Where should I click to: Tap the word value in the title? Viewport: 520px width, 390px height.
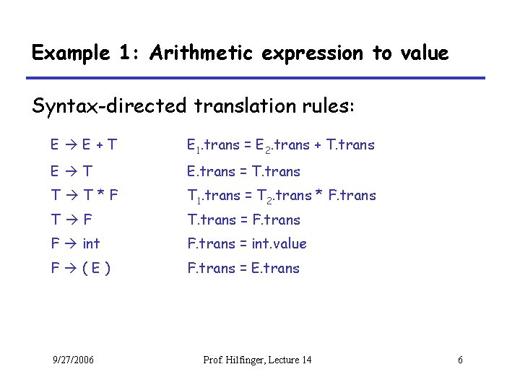pos(422,53)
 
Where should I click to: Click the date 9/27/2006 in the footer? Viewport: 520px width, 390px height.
pos(73,360)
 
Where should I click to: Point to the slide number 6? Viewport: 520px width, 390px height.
pos(460,360)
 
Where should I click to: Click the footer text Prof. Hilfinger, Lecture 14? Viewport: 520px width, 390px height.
pos(258,360)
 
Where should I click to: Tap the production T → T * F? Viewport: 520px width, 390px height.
pos(84,195)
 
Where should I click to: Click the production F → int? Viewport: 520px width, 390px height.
pos(75,243)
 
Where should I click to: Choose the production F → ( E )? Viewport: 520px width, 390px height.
pos(80,268)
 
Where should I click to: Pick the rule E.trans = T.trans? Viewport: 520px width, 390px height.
pos(243,171)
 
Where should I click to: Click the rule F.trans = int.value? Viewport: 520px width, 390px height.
pos(247,243)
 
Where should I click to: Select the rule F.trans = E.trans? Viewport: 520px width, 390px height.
pos(243,268)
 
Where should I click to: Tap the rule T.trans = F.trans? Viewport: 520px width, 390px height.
pos(243,220)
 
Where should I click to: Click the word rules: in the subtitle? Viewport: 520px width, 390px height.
pos(329,107)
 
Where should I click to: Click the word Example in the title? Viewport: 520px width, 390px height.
pos(70,53)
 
